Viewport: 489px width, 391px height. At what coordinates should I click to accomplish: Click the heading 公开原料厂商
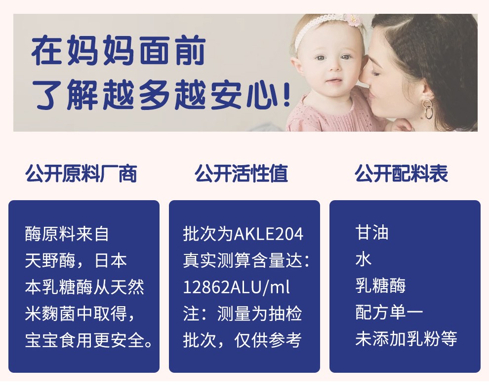coord(81,173)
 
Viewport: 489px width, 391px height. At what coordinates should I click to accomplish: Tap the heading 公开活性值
coord(241,173)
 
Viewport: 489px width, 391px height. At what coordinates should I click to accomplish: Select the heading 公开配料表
coord(401,173)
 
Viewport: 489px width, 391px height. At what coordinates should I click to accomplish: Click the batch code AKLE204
coord(269,234)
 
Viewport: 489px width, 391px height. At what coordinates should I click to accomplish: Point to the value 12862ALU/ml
coord(237,287)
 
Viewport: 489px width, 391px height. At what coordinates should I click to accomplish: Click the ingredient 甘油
coord(372,233)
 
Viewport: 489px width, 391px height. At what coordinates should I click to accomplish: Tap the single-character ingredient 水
coord(364,259)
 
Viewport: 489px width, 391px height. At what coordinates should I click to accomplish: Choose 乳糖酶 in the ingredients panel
coord(380,285)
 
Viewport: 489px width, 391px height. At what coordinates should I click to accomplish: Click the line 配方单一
coord(389,312)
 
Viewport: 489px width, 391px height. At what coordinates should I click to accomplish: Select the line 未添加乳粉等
coord(406,339)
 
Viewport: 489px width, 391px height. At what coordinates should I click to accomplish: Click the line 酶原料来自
coord(67,234)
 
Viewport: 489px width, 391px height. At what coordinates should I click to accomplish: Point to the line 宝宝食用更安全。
coord(89,340)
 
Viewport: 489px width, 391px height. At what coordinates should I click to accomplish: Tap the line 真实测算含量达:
coord(246,260)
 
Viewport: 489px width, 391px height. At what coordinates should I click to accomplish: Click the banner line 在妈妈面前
coord(119,50)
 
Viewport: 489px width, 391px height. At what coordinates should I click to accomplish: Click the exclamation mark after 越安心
coord(287,94)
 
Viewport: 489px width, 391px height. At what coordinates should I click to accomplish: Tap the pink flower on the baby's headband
coord(352,19)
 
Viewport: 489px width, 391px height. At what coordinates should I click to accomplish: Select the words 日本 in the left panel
coord(111,260)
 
